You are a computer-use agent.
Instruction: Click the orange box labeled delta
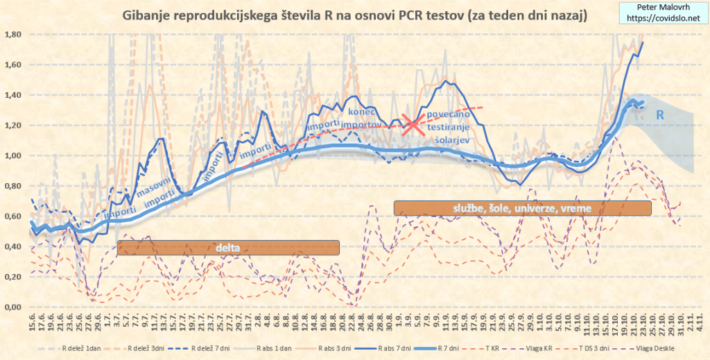pos(229,248)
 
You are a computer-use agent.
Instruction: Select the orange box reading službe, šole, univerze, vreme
pos(522,207)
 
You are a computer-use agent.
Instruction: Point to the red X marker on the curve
pos(414,125)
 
